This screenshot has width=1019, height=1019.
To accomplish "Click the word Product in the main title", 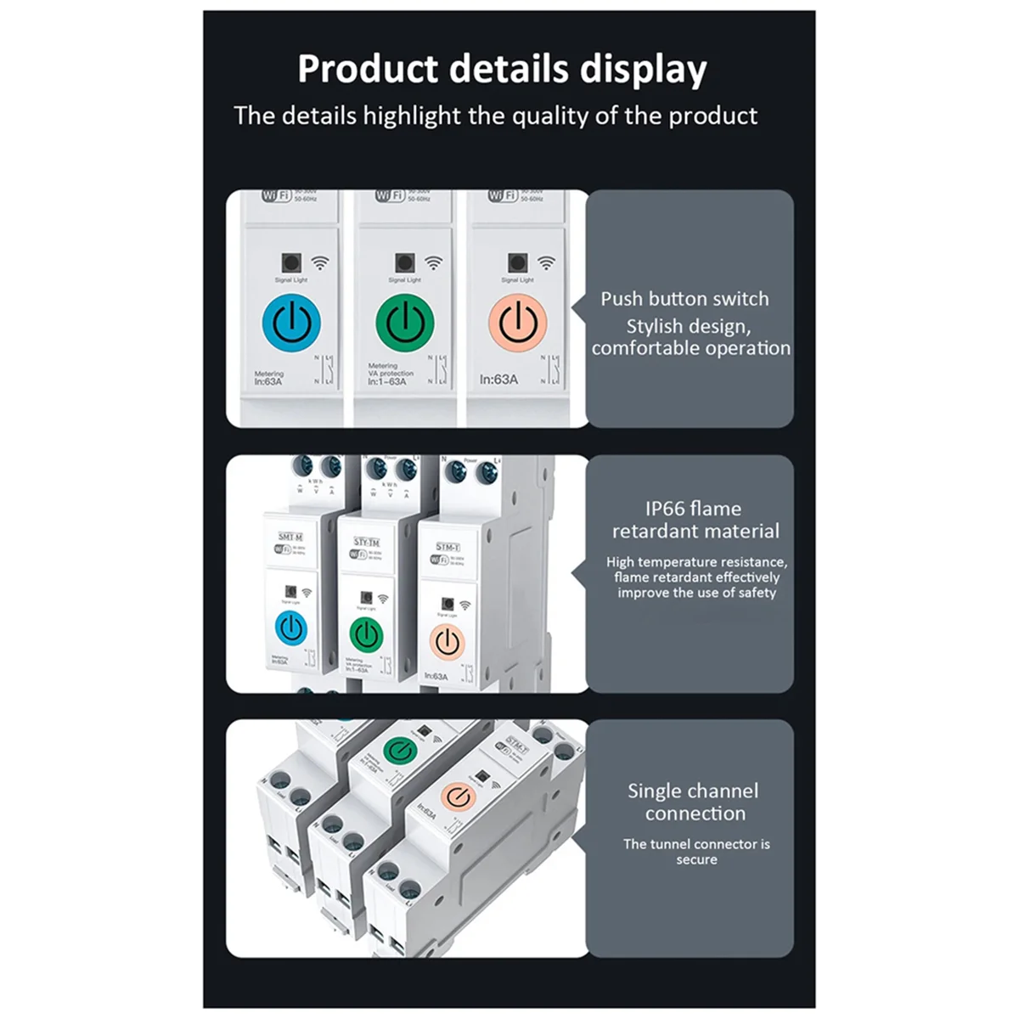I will pyautogui.click(x=367, y=70).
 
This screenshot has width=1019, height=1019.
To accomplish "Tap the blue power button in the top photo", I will pyautogui.click(x=291, y=323).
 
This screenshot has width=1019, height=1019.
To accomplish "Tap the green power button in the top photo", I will pyautogui.click(x=405, y=323).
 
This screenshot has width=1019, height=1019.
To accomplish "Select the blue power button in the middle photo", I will pyautogui.click(x=291, y=628).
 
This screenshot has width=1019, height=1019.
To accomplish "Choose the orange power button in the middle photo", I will pyautogui.click(x=447, y=642).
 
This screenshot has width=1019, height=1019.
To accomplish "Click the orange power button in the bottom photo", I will pyautogui.click(x=458, y=797).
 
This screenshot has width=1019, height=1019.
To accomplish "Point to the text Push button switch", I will pyautogui.click(x=684, y=299).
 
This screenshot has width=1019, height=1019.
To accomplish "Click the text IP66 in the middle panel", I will pyautogui.click(x=664, y=509).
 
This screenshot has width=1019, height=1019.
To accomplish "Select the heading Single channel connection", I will pyautogui.click(x=694, y=802).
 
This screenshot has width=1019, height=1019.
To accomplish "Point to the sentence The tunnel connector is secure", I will pyautogui.click(x=696, y=852).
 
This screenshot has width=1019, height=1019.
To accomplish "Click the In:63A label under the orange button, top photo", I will pyautogui.click(x=498, y=380).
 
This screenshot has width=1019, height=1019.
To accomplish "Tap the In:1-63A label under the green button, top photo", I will pyautogui.click(x=387, y=382).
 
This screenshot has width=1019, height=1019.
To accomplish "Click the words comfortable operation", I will pyautogui.click(x=690, y=348).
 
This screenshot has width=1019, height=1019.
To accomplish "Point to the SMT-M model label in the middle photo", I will pyautogui.click(x=290, y=537).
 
